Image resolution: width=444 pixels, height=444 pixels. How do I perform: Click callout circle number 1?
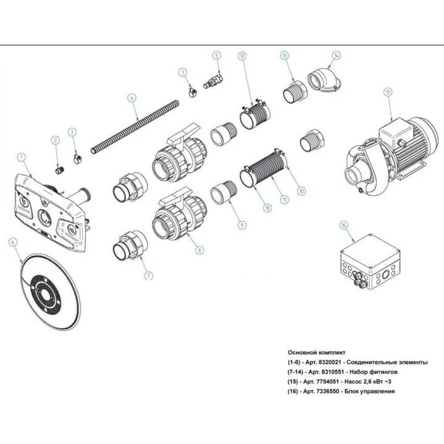22,158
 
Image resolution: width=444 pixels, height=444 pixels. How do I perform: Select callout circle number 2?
55,140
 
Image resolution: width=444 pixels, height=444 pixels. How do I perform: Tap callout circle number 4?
131,97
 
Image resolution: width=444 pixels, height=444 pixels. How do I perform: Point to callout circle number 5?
216,55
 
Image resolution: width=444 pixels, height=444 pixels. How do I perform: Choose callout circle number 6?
12,242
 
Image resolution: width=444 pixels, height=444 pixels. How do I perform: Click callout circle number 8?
199,250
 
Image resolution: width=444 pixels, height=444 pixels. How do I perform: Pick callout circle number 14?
336,55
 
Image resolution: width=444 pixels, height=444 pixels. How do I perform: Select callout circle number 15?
388,92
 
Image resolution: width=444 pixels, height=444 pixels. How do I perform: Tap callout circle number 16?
343,226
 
